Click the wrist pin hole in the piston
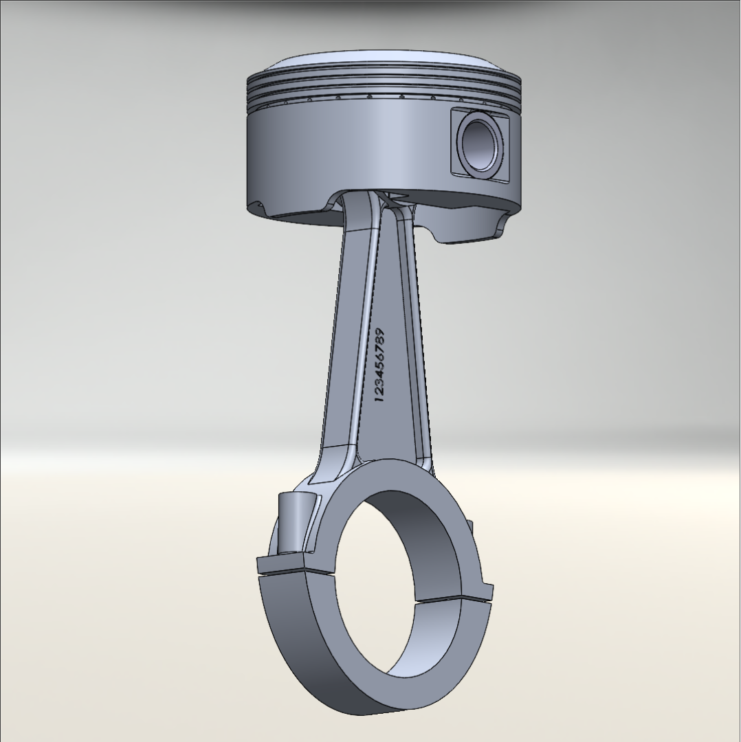[x=479, y=144]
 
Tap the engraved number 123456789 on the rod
[x=380, y=366]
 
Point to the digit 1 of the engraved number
[x=378, y=399]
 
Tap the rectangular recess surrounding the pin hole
[x=479, y=144]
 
